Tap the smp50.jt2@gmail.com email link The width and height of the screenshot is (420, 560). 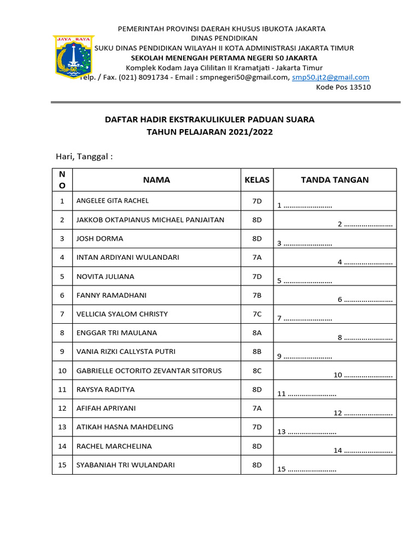point(330,78)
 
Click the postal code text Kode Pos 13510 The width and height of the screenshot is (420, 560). point(343,87)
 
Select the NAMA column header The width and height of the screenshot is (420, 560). point(156,180)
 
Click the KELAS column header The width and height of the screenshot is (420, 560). point(257,180)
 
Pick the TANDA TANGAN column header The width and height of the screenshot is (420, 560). point(335,180)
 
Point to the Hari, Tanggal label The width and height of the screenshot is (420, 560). point(84,157)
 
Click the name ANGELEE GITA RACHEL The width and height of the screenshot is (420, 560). point(113,201)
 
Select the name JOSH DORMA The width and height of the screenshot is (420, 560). point(100,238)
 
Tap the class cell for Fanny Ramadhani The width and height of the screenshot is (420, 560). point(257,295)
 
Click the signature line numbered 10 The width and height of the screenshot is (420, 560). point(363,375)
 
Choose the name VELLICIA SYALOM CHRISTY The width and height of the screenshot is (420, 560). point(122,314)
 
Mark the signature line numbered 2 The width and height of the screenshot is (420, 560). point(365,224)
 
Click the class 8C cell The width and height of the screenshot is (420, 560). point(257,371)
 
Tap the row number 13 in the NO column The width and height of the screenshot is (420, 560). point(62,427)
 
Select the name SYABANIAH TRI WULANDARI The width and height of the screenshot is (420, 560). point(126,465)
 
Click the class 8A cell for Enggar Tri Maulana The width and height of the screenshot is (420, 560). point(257,332)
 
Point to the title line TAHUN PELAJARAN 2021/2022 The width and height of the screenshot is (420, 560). point(209,132)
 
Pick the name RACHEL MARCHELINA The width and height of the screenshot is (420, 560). point(114,446)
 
